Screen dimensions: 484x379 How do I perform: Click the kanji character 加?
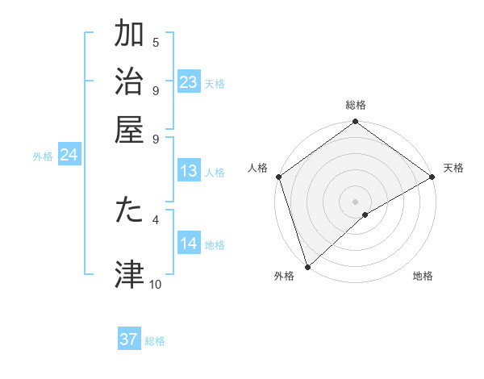click(130, 35)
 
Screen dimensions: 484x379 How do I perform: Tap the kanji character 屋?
click(130, 129)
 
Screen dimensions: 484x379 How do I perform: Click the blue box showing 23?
click(188, 82)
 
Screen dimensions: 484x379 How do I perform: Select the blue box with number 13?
click(188, 171)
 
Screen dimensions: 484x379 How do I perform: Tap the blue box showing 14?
click(188, 244)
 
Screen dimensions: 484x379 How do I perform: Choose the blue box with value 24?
click(69, 156)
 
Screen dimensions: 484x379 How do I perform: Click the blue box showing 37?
click(129, 339)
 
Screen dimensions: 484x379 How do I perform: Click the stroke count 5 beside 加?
click(156, 42)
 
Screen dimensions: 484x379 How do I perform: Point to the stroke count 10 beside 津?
click(156, 284)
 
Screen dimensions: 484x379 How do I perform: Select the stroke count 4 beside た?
click(156, 219)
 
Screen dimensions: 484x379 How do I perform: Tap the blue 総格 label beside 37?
click(155, 341)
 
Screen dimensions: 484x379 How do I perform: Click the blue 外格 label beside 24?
click(43, 156)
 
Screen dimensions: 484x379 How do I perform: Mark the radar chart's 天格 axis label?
click(453, 168)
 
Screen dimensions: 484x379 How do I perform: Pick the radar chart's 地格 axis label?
click(423, 277)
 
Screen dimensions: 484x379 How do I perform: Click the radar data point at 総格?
click(355, 123)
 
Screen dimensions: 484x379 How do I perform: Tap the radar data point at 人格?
click(278, 177)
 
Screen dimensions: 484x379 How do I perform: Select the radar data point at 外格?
click(307, 265)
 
